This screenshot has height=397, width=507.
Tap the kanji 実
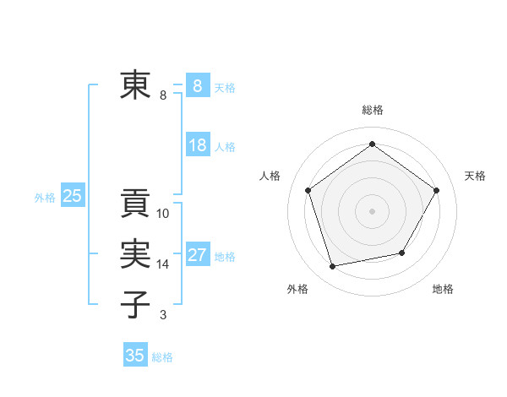135,254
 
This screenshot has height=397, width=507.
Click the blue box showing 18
198,145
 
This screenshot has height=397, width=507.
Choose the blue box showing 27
198,255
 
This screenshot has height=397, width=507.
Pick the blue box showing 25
73,197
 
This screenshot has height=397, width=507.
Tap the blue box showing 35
135,356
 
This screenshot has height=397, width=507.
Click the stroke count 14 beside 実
163,264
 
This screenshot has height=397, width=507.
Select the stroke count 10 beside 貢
163,214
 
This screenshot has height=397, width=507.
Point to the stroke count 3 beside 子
163,315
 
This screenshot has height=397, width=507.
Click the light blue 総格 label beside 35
162,357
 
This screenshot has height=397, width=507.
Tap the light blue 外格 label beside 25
45,198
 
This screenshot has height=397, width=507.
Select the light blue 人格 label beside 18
225,147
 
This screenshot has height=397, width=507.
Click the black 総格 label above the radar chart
372,110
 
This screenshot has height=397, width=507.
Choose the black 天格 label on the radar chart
475,176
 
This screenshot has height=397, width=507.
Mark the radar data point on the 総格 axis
372,144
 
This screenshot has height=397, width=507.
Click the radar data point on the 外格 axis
333,266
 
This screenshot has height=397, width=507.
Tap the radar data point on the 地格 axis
402,253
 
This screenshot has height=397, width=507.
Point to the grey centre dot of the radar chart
372,210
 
